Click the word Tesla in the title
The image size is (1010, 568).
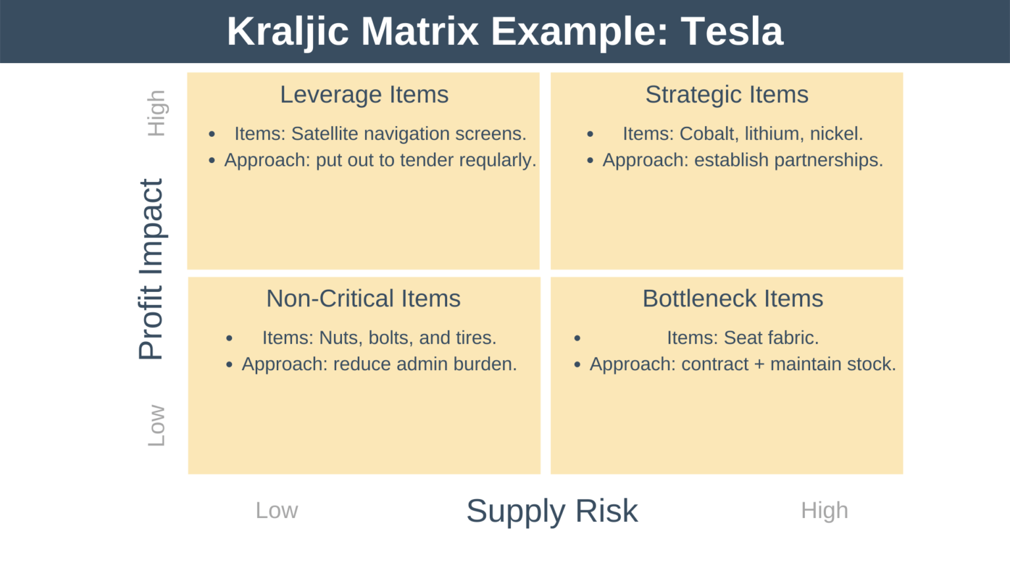point(731,32)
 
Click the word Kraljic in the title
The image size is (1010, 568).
point(287,32)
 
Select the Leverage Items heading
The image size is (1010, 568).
point(364,95)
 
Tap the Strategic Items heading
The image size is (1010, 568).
point(727,95)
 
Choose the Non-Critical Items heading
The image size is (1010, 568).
point(363,298)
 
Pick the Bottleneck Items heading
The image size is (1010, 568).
point(733,298)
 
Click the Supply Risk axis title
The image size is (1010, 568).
point(552,511)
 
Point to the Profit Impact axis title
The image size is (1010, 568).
point(151,270)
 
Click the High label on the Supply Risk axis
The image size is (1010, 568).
point(824,510)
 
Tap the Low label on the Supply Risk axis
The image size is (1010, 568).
point(276,510)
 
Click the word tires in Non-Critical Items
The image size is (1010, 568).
point(475,338)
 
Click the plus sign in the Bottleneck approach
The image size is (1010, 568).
point(759,364)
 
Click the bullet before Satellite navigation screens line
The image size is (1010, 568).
point(212,134)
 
